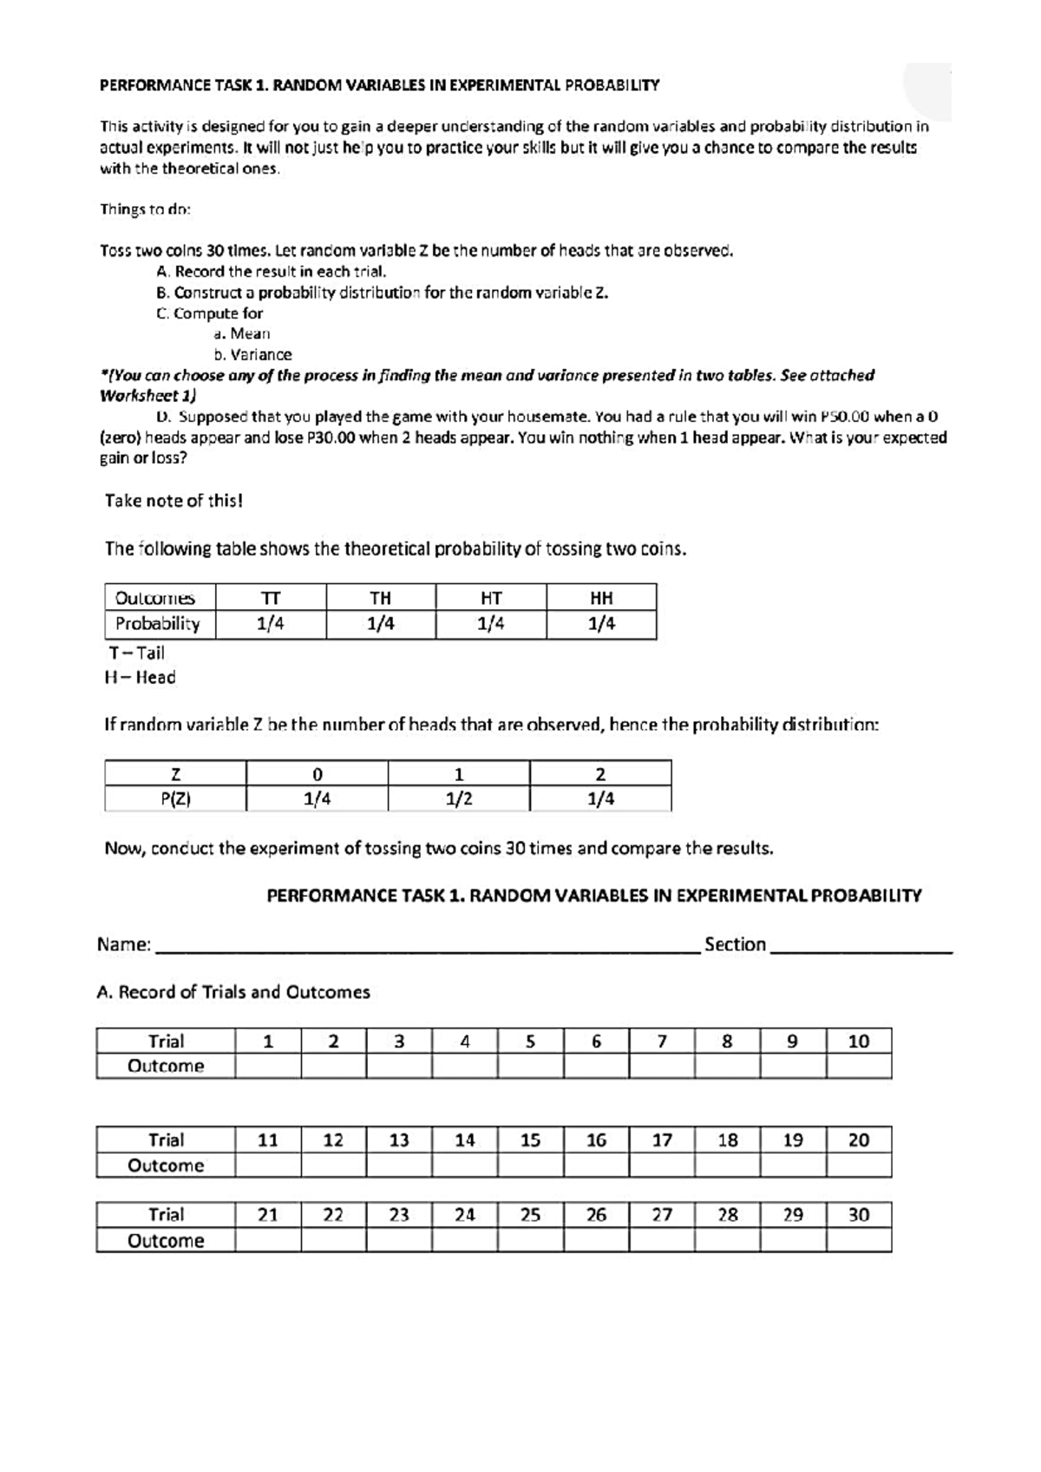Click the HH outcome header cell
pos(601,597)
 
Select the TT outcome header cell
pos(271,597)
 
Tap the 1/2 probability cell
pos(459,798)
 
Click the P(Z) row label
pos(175,798)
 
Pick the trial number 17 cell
pos(662,1140)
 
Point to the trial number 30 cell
pos(858,1214)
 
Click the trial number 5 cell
pos(530,1041)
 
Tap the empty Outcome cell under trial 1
pos(268,1066)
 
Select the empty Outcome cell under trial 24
pos(465,1239)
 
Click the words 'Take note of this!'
pos(173,501)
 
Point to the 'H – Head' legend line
pos(140,677)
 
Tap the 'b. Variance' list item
pos(252,354)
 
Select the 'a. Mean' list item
pos(242,333)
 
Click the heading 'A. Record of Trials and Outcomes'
pos(233,991)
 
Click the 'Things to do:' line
pos(145,209)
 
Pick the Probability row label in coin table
pos(158,623)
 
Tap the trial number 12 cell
pos(333,1140)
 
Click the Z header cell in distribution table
pos(175,773)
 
